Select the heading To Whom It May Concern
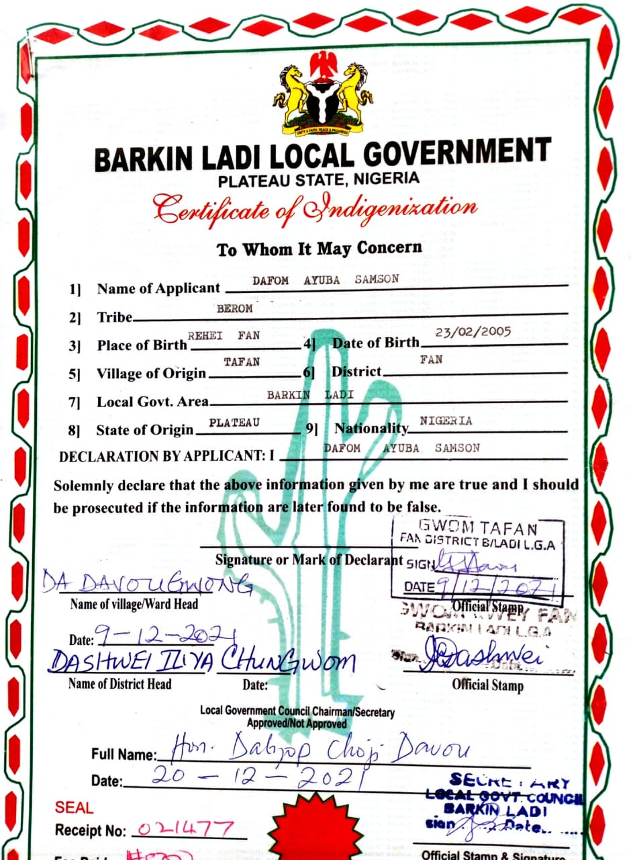click(x=319, y=249)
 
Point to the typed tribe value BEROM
click(x=234, y=308)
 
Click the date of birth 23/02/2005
click(x=473, y=332)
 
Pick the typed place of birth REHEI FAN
click(x=224, y=335)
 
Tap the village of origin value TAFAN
click(x=242, y=362)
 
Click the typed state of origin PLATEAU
click(x=234, y=423)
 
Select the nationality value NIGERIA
click(x=446, y=421)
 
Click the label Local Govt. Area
click(x=152, y=402)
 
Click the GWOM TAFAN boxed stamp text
click(x=478, y=527)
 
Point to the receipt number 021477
click(x=183, y=828)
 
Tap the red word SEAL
click(x=74, y=807)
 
